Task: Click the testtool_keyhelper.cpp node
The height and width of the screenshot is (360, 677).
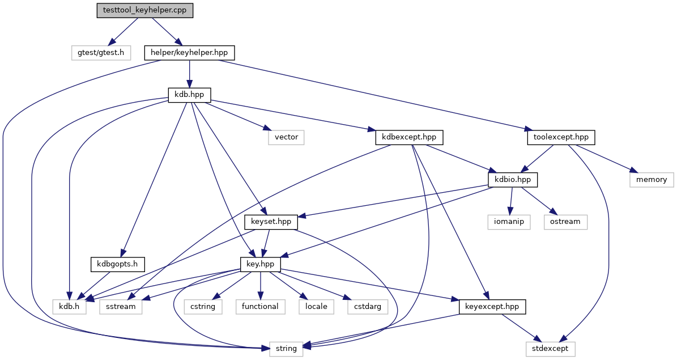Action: pos(144,10)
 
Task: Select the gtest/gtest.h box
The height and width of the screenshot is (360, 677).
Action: pos(101,53)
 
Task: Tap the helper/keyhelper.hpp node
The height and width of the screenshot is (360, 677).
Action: pos(190,53)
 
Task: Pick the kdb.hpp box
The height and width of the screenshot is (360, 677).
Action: pos(190,95)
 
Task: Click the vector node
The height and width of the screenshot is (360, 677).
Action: pos(286,137)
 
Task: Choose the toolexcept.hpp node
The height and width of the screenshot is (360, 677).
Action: pos(561,137)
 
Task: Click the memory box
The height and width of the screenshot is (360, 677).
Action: pos(652,180)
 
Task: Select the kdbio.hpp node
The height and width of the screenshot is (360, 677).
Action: pos(513,180)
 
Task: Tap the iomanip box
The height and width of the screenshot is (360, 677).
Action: pos(509,222)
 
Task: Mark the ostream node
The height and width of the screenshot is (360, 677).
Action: pos(565,222)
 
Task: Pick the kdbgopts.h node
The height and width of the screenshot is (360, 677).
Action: pos(117,264)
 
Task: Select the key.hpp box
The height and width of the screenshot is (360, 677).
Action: pos(260,264)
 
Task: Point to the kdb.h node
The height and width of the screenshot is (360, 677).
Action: pos(69,306)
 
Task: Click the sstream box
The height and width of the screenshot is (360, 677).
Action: pos(121,306)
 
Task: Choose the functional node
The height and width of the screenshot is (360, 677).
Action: pos(260,306)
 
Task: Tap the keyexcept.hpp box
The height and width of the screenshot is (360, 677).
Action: pos(493,306)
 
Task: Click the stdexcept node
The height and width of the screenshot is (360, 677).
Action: pos(551,348)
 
